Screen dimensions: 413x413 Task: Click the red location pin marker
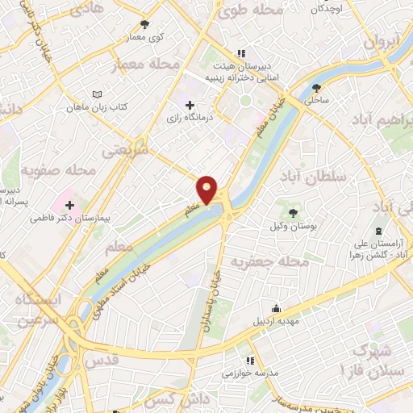pyautogui.click(x=207, y=190)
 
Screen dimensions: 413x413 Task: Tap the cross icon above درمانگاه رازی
pyautogui.click(x=190, y=105)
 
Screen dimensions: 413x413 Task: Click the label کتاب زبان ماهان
pyautogui.click(x=108, y=106)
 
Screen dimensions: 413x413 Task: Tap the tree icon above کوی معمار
pyautogui.click(x=145, y=25)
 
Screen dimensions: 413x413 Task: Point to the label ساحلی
pyautogui.click(x=317, y=100)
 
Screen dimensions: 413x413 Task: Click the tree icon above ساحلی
pyautogui.click(x=317, y=87)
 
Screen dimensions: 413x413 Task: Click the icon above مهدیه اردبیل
pyautogui.click(x=276, y=307)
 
